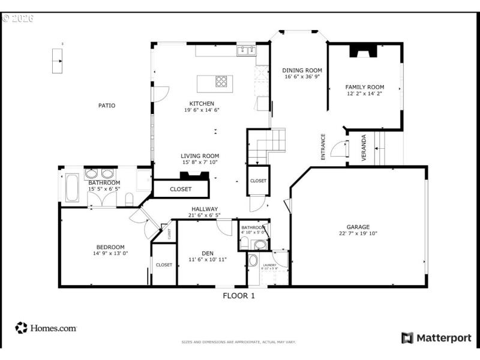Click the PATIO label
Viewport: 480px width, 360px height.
click(107, 106)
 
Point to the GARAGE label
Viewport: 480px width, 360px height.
click(358, 227)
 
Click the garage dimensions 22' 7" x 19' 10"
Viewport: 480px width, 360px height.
click(358, 234)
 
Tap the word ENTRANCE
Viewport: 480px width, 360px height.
click(323, 146)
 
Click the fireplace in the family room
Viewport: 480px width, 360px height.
click(365, 52)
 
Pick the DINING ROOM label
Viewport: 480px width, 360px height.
click(302, 70)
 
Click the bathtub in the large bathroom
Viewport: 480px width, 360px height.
click(71, 188)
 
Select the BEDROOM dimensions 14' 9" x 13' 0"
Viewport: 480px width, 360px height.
click(106, 253)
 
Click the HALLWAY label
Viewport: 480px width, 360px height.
click(205, 209)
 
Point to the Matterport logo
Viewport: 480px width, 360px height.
click(436, 338)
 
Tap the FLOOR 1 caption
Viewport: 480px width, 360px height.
click(239, 295)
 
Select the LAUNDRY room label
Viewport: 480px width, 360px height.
click(269, 265)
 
